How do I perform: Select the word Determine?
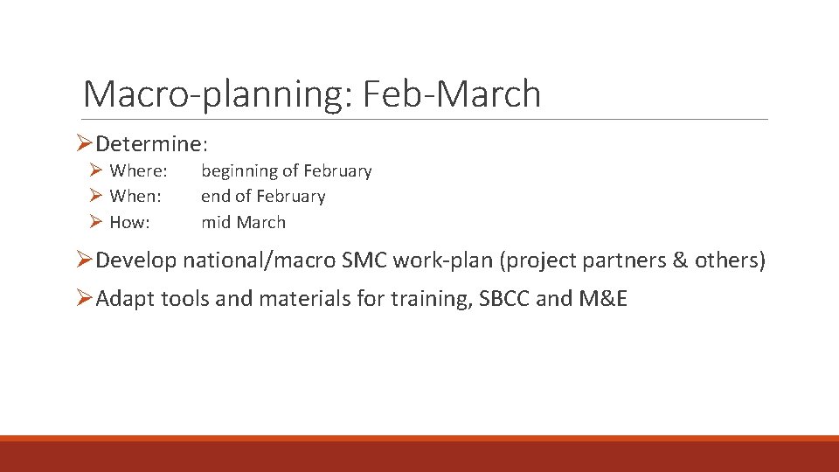pyautogui.click(x=149, y=142)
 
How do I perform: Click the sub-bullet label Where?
pyautogui.click(x=138, y=171)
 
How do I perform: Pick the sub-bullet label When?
pyautogui.click(x=135, y=197)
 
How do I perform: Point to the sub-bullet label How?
pyautogui.click(x=129, y=222)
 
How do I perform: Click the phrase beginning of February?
pyautogui.click(x=287, y=171)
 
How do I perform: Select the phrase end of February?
pyautogui.click(x=263, y=197)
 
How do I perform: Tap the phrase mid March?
pyautogui.click(x=243, y=222)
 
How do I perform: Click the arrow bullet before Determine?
pyautogui.click(x=85, y=142)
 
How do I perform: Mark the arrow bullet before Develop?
pyautogui.click(x=85, y=260)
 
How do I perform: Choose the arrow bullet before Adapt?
pyautogui.click(x=85, y=299)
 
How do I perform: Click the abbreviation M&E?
pyautogui.click(x=604, y=299)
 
